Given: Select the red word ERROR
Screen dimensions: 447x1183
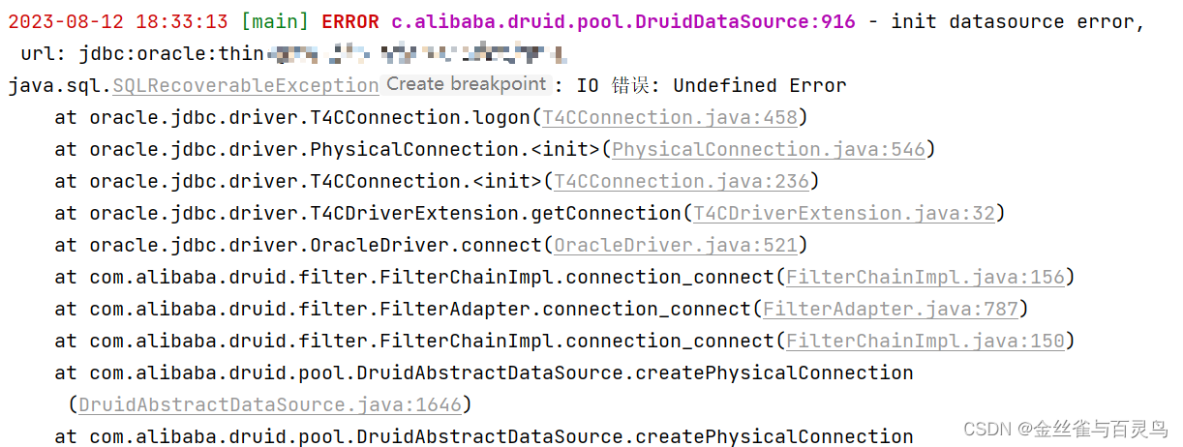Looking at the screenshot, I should (x=350, y=22).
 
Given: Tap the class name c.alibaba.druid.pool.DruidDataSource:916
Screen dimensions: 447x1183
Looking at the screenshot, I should (x=623, y=22).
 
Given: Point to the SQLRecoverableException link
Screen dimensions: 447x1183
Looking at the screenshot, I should (x=246, y=86).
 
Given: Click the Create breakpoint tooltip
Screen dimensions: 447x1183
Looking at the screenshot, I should (x=467, y=85).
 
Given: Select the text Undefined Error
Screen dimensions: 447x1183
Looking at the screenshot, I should (x=760, y=86).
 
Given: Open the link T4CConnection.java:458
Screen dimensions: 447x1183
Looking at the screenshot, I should (x=670, y=118).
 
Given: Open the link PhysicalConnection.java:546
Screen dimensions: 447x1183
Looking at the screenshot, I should (x=769, y=150).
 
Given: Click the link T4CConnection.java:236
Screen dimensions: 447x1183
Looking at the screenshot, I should (x=682, y=182).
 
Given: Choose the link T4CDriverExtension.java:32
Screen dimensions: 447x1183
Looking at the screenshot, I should (x=844, y=214).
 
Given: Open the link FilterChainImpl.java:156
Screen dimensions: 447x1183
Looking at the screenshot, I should (x=925, y=278).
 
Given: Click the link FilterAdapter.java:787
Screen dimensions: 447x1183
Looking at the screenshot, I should (x=891, y=310).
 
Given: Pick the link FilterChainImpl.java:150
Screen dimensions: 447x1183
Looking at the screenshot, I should (x=925, y=342).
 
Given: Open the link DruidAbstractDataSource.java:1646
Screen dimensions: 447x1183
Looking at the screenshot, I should (x=270, y=404).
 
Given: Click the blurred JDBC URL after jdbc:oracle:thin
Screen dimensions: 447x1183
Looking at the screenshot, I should (x=416, y=53).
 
